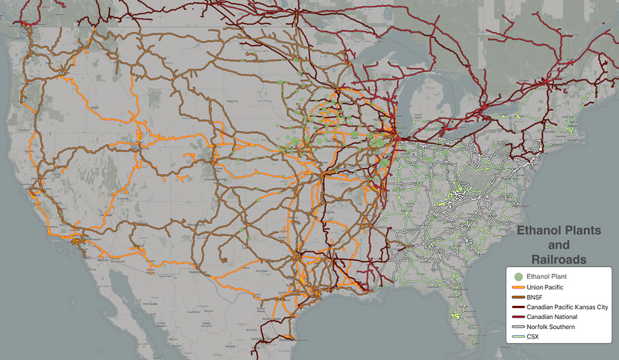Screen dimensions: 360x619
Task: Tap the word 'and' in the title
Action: click(564, 245)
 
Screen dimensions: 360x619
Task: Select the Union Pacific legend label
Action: click(550, 287)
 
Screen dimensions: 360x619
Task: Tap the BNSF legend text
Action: click(537, 297)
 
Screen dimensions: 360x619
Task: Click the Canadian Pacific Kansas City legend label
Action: click(568, 307)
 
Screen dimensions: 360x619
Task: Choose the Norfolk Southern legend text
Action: click(554, 327)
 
